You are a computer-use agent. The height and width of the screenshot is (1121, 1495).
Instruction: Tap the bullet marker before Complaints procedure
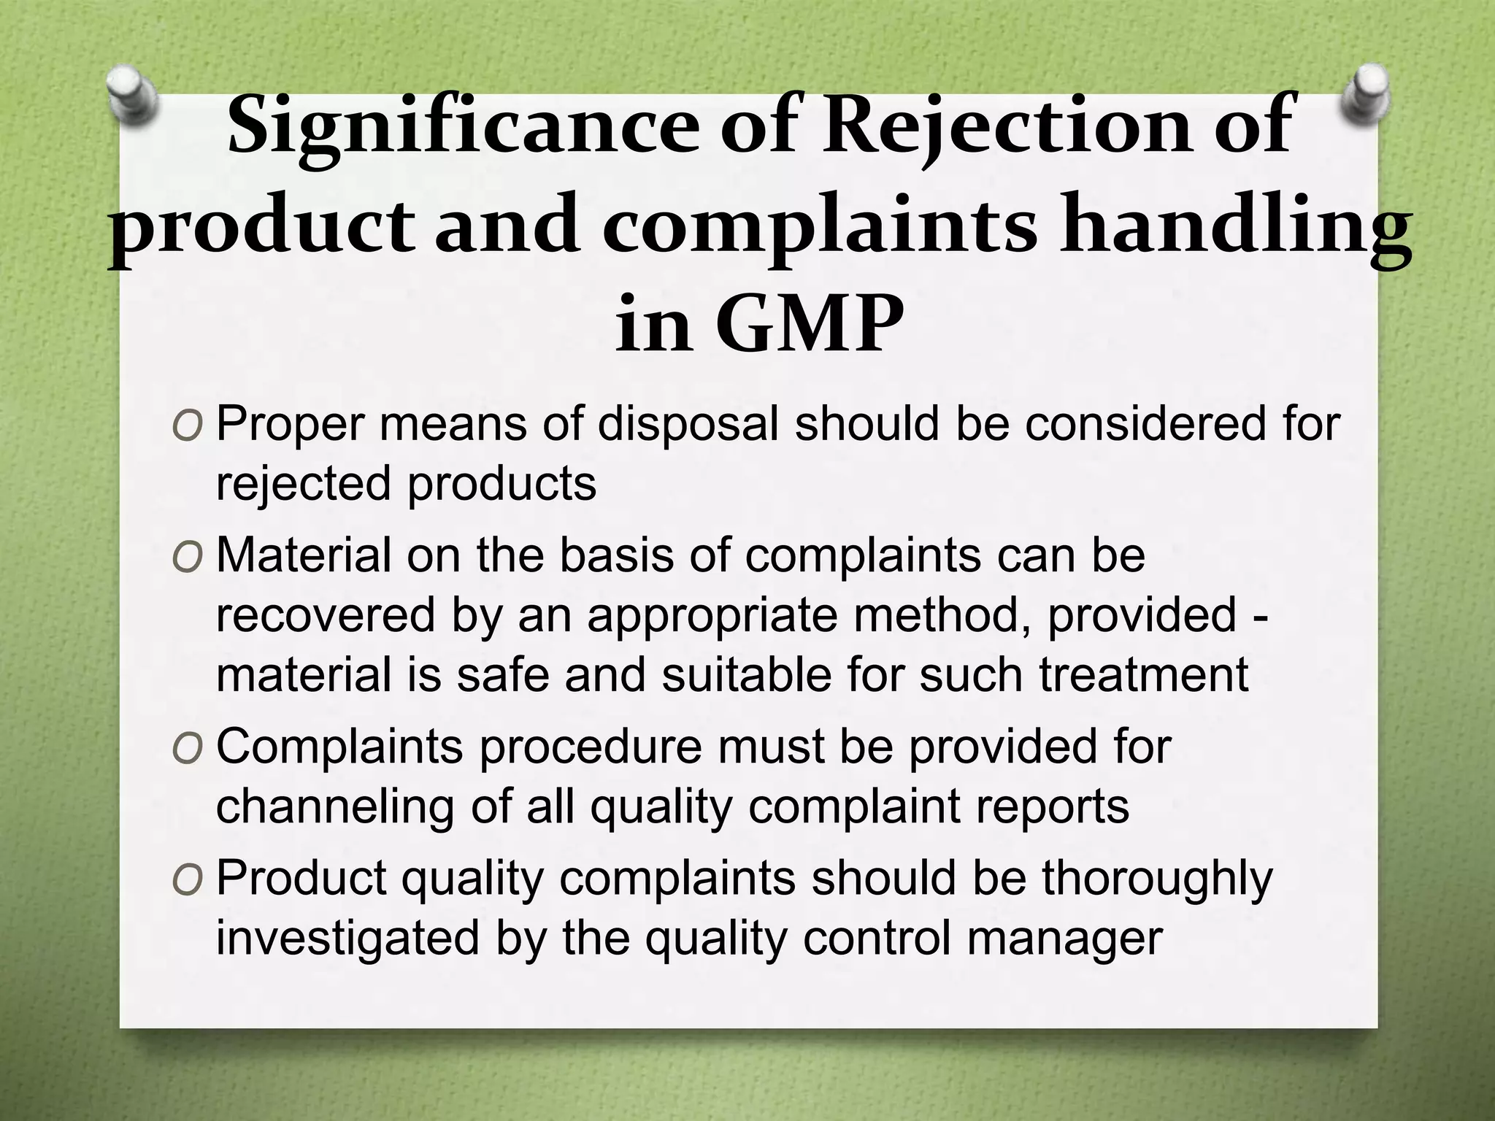(187, 749)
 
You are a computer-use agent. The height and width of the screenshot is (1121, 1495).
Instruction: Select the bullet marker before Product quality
(187, 880)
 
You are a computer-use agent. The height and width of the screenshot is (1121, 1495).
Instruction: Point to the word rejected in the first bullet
(304, 484)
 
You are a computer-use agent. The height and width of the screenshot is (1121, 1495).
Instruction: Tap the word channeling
(334, 806)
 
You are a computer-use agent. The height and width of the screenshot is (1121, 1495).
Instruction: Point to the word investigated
(347, 938)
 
